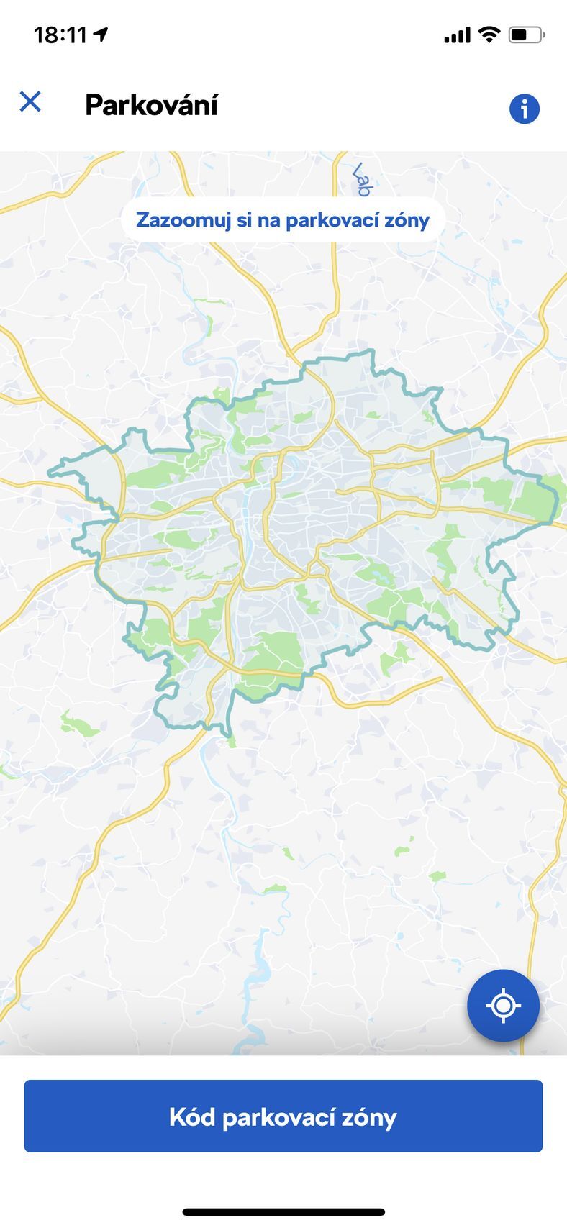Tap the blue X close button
tap(30, 101)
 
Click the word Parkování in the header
tap(151, 105)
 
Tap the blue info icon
tap(525, 109)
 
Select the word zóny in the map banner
tap(407, 220)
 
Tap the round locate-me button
tap(503, 1005)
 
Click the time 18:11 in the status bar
tap(60, 35)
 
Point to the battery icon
tap(527, 35)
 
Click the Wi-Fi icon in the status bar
tap(489, 35)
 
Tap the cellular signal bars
tap(457, 35)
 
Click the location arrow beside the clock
tap(101, 35)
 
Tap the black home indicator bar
tap(283, 1212)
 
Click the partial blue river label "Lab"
tap(361, 180)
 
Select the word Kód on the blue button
tap(191, 1116)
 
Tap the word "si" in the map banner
tap(245, 220)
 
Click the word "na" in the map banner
tap(268, 220)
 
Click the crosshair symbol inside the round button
tap(503, 1005)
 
